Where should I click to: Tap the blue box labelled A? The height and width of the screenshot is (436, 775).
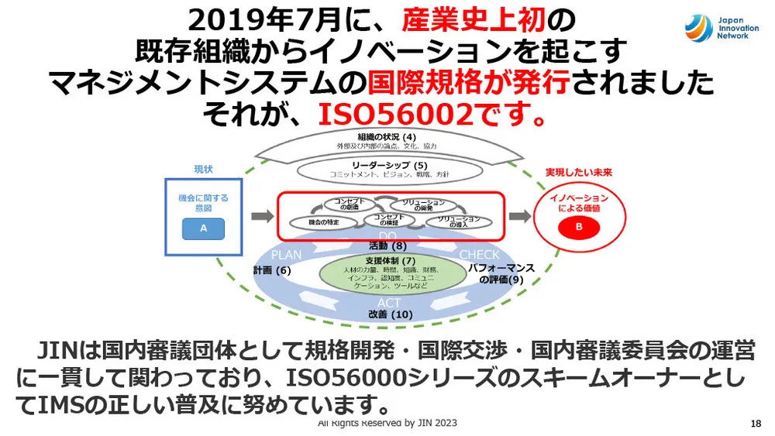tap(204, 228)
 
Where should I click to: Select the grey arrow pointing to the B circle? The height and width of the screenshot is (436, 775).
tap(520, 215)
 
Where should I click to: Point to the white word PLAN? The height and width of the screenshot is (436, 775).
tap(286, 255)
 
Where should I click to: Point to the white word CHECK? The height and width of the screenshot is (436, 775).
tap(480, 255)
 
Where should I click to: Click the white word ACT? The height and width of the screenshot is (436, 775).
tap(389, 302)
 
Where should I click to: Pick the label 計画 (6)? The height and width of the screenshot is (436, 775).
tap(272, 270)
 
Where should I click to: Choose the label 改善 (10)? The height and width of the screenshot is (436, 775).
tap(391, 314)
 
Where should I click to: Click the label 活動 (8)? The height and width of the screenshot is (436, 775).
tap(388, 246)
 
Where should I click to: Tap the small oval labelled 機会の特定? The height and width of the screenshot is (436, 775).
tap(320, 222)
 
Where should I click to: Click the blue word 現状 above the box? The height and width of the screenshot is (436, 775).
tap(203, 168)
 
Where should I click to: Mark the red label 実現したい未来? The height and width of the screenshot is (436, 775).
tap(577, 172)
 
